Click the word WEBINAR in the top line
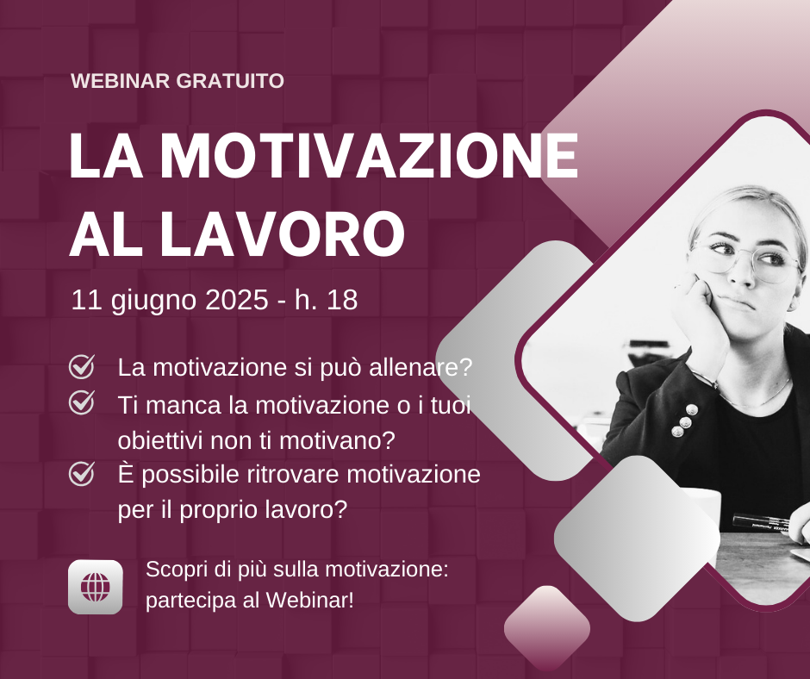coord(121,81)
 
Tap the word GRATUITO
coord(230,81)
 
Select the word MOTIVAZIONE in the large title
coord(369,155)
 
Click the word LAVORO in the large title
coord(283,233)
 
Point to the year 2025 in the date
coord(237,300)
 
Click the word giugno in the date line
coord(154,302)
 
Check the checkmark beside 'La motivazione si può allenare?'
coord(82,366)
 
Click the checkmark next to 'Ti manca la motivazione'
coord(82,402)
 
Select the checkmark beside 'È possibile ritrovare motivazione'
coord(82,473)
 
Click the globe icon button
coord(96,587)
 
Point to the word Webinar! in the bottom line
coord(310,600)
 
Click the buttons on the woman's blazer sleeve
coord(682,419)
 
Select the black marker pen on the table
coord(760,522)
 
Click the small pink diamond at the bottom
coord(547,627)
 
